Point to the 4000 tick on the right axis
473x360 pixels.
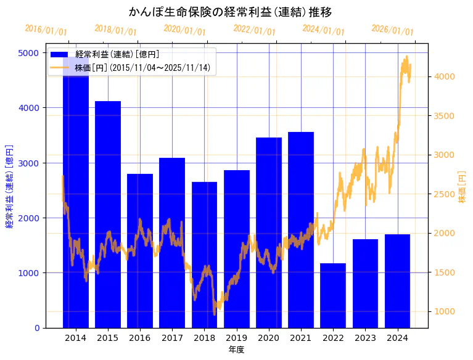pos(445,76)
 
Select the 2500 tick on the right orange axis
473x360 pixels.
pos(445,194)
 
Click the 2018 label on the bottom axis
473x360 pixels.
pos(204,338)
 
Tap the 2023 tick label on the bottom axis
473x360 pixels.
pos(365,338)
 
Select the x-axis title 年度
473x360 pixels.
pos(236,350)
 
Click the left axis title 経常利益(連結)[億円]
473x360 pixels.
pos(9,186)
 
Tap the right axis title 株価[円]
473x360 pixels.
pos(463,187)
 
